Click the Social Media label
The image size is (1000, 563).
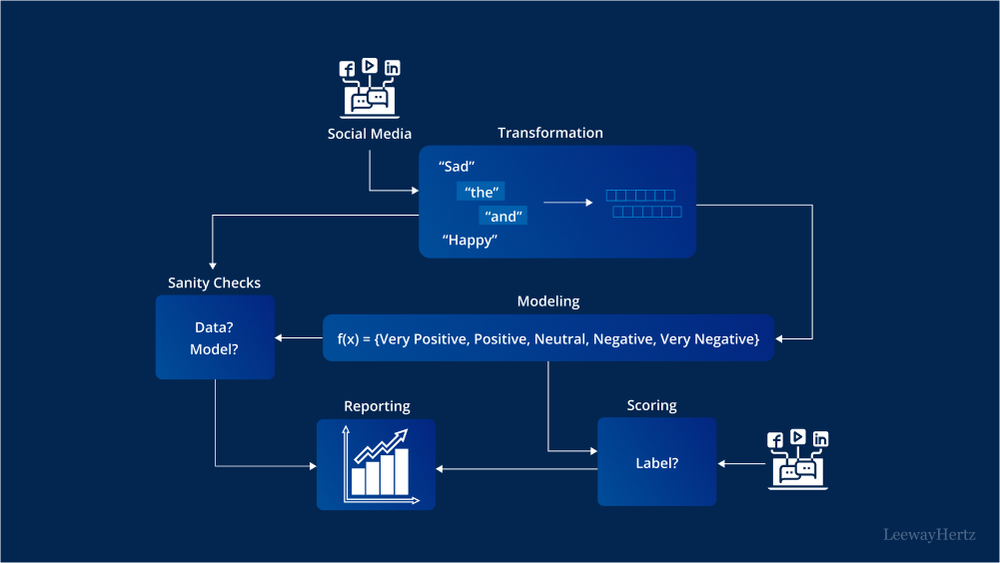pos(369,134)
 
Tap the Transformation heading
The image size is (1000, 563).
pos(550,133)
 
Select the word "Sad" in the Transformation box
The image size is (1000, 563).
pos(457,167)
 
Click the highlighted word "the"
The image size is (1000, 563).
pos(482,192)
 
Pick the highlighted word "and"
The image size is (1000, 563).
pos(503,216)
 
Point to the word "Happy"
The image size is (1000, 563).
pos(470,241)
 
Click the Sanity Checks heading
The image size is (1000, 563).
pos(214,282)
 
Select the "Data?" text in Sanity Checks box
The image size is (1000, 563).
pos(214,326)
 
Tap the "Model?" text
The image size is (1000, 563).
pos(214,349)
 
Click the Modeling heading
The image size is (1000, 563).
pos(547,301)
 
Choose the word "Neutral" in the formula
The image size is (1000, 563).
pos(559,339)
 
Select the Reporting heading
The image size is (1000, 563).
pos(377,406)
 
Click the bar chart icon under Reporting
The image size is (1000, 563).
pos(376,464)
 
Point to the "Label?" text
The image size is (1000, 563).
pos(656,463)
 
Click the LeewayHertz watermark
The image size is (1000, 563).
pos(929,535)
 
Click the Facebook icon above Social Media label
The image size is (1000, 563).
pos(348,70)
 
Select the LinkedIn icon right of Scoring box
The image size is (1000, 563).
pos(820,439)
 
